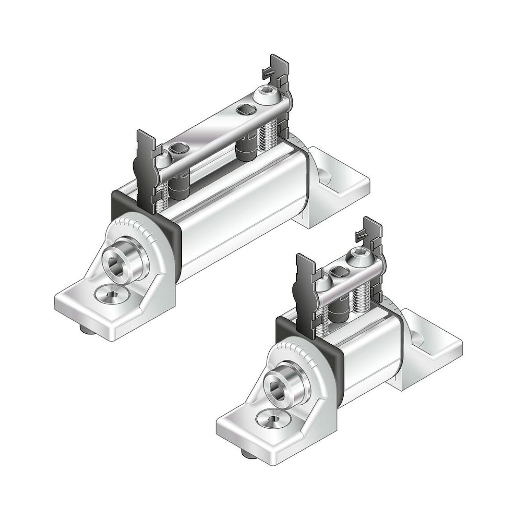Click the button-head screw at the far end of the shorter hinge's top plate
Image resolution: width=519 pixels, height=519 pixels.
click(x=358, y=259)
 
